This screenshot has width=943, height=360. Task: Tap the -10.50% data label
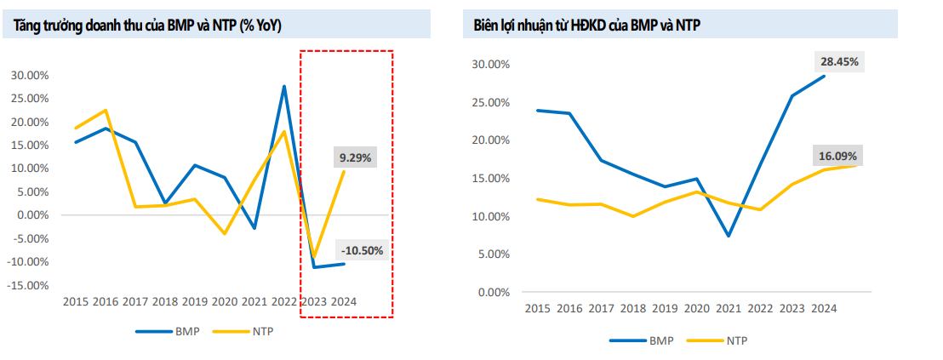pyautogui.click(x=362, y=250)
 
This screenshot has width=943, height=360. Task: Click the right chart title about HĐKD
pyautogui.click(x=587, y=26)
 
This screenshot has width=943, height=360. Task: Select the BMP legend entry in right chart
pyautogui.click(x=643, y=340)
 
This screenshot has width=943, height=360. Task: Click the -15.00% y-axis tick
pyautogui.click(x=28, y=285)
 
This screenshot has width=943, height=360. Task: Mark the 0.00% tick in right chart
pyautogui.click(x=492, y=293)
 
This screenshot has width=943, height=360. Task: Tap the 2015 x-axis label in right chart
pyautogui.click(x=538, y=309)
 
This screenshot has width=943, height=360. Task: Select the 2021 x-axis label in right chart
pyautogui.click(x=729, y=309)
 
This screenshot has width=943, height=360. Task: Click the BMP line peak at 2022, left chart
pyautogui.click(x=284, y=86)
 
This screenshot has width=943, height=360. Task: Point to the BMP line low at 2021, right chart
pyautogui.click(x=729, y=236)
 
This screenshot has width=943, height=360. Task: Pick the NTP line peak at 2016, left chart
pyautogui.click(x=106, y=110)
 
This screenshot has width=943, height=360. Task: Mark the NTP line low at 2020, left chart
pyautogui.click(x=225, y=233)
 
